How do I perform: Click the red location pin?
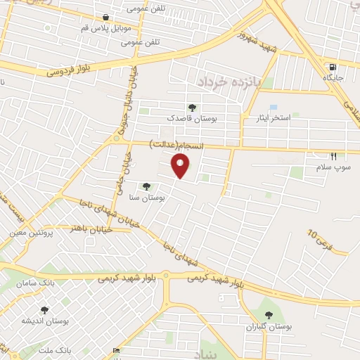click(181, 166)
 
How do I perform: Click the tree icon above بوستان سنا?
click(146, 186)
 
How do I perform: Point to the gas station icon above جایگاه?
click(330, 68)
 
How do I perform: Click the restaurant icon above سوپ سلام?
click(333, 156)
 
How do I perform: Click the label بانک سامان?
click(39, 281)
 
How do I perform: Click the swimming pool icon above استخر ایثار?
click(273, 107)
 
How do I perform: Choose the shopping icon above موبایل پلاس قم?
click(105, 18)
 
